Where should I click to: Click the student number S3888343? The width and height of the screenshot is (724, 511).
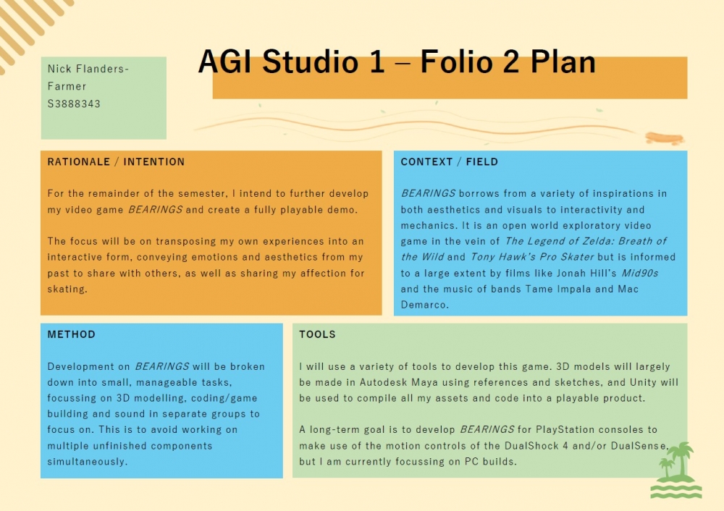coord(74,104)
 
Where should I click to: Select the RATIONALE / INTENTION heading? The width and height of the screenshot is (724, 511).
coord(116,162)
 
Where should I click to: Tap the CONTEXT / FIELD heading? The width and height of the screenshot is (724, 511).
coord(450,162)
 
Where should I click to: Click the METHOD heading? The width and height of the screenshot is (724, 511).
coord(71,334)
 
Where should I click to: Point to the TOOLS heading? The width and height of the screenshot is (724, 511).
coord(317,334)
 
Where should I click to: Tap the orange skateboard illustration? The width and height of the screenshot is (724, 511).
coord(665,138)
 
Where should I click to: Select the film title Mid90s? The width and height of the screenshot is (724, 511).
coord(639,273)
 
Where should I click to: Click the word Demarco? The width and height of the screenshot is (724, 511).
coord(424,305)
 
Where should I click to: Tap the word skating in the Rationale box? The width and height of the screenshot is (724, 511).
coord(67,290)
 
